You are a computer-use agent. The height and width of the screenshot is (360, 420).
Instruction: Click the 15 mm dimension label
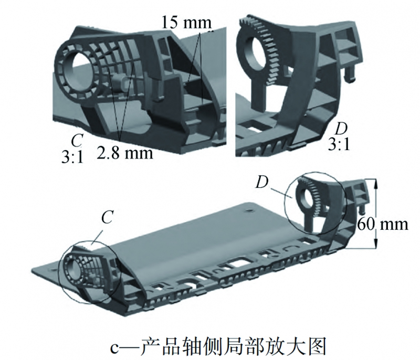(186, 23)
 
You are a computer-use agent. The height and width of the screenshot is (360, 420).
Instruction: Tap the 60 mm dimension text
(382, 224)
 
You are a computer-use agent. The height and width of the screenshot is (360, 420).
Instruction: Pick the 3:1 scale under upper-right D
(339, 144)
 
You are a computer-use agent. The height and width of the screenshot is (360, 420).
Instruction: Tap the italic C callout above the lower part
(107, 218)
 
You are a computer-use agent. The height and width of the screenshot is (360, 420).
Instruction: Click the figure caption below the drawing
(210, 345)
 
